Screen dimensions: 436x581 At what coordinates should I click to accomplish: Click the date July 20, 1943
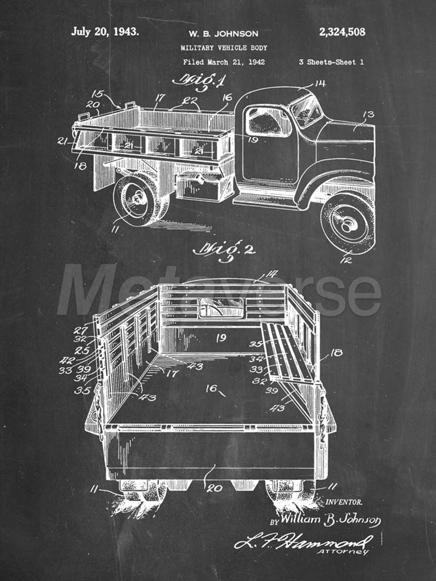point(105,32)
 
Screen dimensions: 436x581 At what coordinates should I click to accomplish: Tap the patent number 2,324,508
point(342,32)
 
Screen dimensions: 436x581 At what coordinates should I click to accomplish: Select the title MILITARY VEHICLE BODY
point(224,48)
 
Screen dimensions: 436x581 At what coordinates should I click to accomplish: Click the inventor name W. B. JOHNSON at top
point(223,33)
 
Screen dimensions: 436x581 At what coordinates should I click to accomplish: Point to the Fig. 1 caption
point(199,82)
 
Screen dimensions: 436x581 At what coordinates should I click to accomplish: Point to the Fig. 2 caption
point(224,250)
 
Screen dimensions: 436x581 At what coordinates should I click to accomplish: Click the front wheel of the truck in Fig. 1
point(348,223)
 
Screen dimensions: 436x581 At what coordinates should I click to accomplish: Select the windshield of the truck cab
point(306,111)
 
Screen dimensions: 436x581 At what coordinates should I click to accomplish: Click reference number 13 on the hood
point(368,115)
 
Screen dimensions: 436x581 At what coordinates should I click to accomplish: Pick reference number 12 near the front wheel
point(346,260)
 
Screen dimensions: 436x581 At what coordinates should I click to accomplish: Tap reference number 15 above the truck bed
point(98,94)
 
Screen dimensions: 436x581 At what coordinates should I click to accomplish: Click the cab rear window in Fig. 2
point(221,308)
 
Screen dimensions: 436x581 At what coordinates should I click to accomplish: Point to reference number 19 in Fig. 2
point(221,338)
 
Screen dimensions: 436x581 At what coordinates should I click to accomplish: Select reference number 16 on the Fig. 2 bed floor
point(211,388)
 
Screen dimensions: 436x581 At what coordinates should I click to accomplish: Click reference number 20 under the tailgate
point(214,489)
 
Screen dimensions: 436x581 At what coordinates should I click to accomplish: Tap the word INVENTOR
point(344,503)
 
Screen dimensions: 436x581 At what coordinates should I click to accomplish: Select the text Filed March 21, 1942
point(224,62)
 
